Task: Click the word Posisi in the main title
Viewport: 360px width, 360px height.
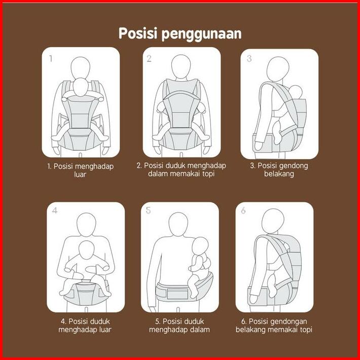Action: coord(138,33)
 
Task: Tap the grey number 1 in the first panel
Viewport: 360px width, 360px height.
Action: coord(51,59)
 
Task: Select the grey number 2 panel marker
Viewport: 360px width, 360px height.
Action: coord(149,59)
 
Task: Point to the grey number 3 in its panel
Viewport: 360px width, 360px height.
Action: coord(249,58)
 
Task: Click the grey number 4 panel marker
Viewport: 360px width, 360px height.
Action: coord(55,210)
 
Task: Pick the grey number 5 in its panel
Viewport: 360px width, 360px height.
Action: coord(149,210)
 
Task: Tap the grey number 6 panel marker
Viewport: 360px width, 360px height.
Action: coord(243,210)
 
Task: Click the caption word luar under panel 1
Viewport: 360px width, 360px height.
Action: coord(80,174)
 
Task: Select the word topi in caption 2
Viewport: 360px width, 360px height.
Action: coord(208,174)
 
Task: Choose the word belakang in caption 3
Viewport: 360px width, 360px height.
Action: coord(279,174)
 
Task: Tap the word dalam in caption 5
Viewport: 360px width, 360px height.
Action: coord(200,330)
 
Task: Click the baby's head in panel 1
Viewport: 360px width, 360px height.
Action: coord(80,87)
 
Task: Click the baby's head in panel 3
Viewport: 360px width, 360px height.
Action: coord(296,92)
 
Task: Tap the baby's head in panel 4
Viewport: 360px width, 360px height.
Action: coord(86,250)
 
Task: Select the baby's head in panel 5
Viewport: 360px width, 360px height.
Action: coord(200,247)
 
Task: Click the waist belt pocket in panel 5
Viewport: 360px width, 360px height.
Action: coord(177,294)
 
